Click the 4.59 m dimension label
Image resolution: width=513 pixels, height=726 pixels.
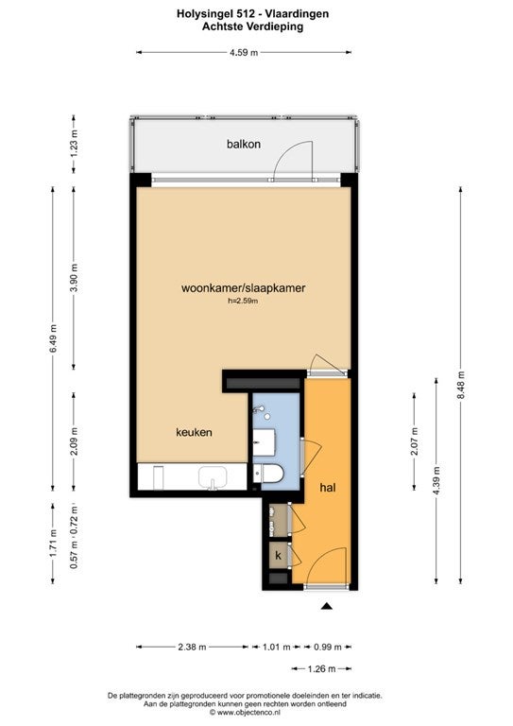point(244,52)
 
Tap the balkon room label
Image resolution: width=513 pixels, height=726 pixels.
point(244,144)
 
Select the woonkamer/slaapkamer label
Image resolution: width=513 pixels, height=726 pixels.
point(244,288)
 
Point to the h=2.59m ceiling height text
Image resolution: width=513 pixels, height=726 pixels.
point(243,301)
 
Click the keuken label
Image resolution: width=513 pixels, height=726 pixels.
point(194,432)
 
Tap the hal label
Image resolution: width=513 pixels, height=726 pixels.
point(328,488)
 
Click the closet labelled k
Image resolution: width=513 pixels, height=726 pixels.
point(279,555)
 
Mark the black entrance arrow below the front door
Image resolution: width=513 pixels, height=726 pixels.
point(327,606)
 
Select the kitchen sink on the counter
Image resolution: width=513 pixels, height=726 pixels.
point(213,477)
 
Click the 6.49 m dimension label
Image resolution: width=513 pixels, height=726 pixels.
point(53,338)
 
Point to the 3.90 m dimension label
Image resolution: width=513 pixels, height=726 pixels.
point(74,277)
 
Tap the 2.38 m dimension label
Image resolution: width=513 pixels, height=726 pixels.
point(192,647)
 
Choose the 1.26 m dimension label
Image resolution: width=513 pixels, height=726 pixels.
point(321,668)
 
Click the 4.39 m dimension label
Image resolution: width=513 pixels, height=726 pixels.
point(436,480)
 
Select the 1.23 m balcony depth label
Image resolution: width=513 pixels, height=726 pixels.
point(74,143)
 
